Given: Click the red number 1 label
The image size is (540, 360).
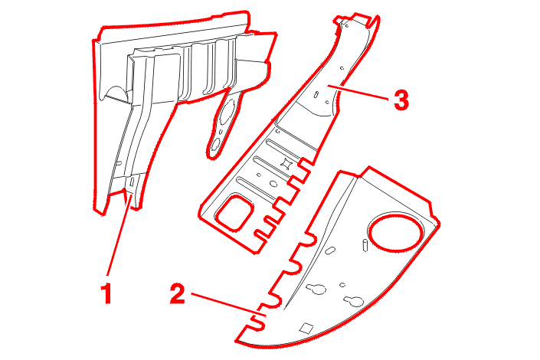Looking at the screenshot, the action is tap(108, 293).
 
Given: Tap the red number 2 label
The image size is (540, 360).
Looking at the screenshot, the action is tap(178, 293).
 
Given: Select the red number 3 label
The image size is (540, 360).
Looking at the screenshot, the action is tap(401, 100).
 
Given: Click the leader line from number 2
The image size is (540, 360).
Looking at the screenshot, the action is tap(229, 304).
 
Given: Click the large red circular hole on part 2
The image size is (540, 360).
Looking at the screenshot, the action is tap(395, 231).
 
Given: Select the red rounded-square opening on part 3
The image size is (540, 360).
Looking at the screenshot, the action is tap(234, 213).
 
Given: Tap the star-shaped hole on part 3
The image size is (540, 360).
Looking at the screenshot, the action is tap(286, 163).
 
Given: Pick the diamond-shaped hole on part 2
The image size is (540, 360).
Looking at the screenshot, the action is tap(306, 329).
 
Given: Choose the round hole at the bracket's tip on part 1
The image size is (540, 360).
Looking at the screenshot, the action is tap(216, 145).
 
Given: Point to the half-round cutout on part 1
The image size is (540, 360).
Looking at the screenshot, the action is tap(116, 93).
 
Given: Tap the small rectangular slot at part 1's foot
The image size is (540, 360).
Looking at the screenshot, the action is tap(132, 182).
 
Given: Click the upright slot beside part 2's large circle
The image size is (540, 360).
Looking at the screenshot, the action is tap(365, 247).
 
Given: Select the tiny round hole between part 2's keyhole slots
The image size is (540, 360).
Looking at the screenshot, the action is tap(342, 285).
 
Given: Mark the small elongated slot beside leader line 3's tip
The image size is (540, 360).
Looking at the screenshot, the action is tap(316, 94).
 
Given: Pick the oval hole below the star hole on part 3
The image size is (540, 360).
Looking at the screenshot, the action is tap(273, 183).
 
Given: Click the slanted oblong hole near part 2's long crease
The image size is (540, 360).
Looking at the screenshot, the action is tap(330, 250).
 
